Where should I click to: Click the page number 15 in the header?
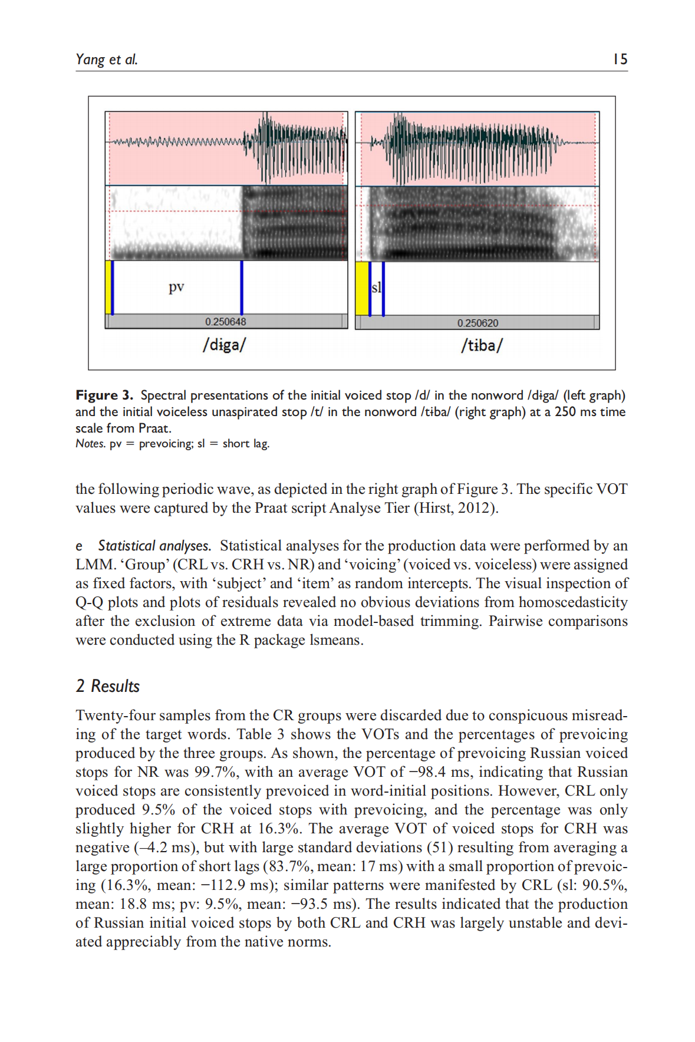[620, 59]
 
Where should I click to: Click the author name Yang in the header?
[90, 60]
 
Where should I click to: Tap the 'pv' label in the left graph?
[176, 287]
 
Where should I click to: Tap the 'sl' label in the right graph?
[376, 287]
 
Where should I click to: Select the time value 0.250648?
[226, 322]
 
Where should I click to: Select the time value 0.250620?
[477, 323]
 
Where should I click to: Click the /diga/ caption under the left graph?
[224, 345]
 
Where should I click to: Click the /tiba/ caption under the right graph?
[482, 345]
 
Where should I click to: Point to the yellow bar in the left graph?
[108, 287]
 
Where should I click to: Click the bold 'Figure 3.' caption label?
[104, 395]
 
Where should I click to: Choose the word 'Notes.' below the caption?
[90, 444]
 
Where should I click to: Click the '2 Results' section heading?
[108, 686]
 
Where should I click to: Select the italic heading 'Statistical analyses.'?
[154, 546]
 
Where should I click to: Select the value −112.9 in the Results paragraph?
[223, 885]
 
